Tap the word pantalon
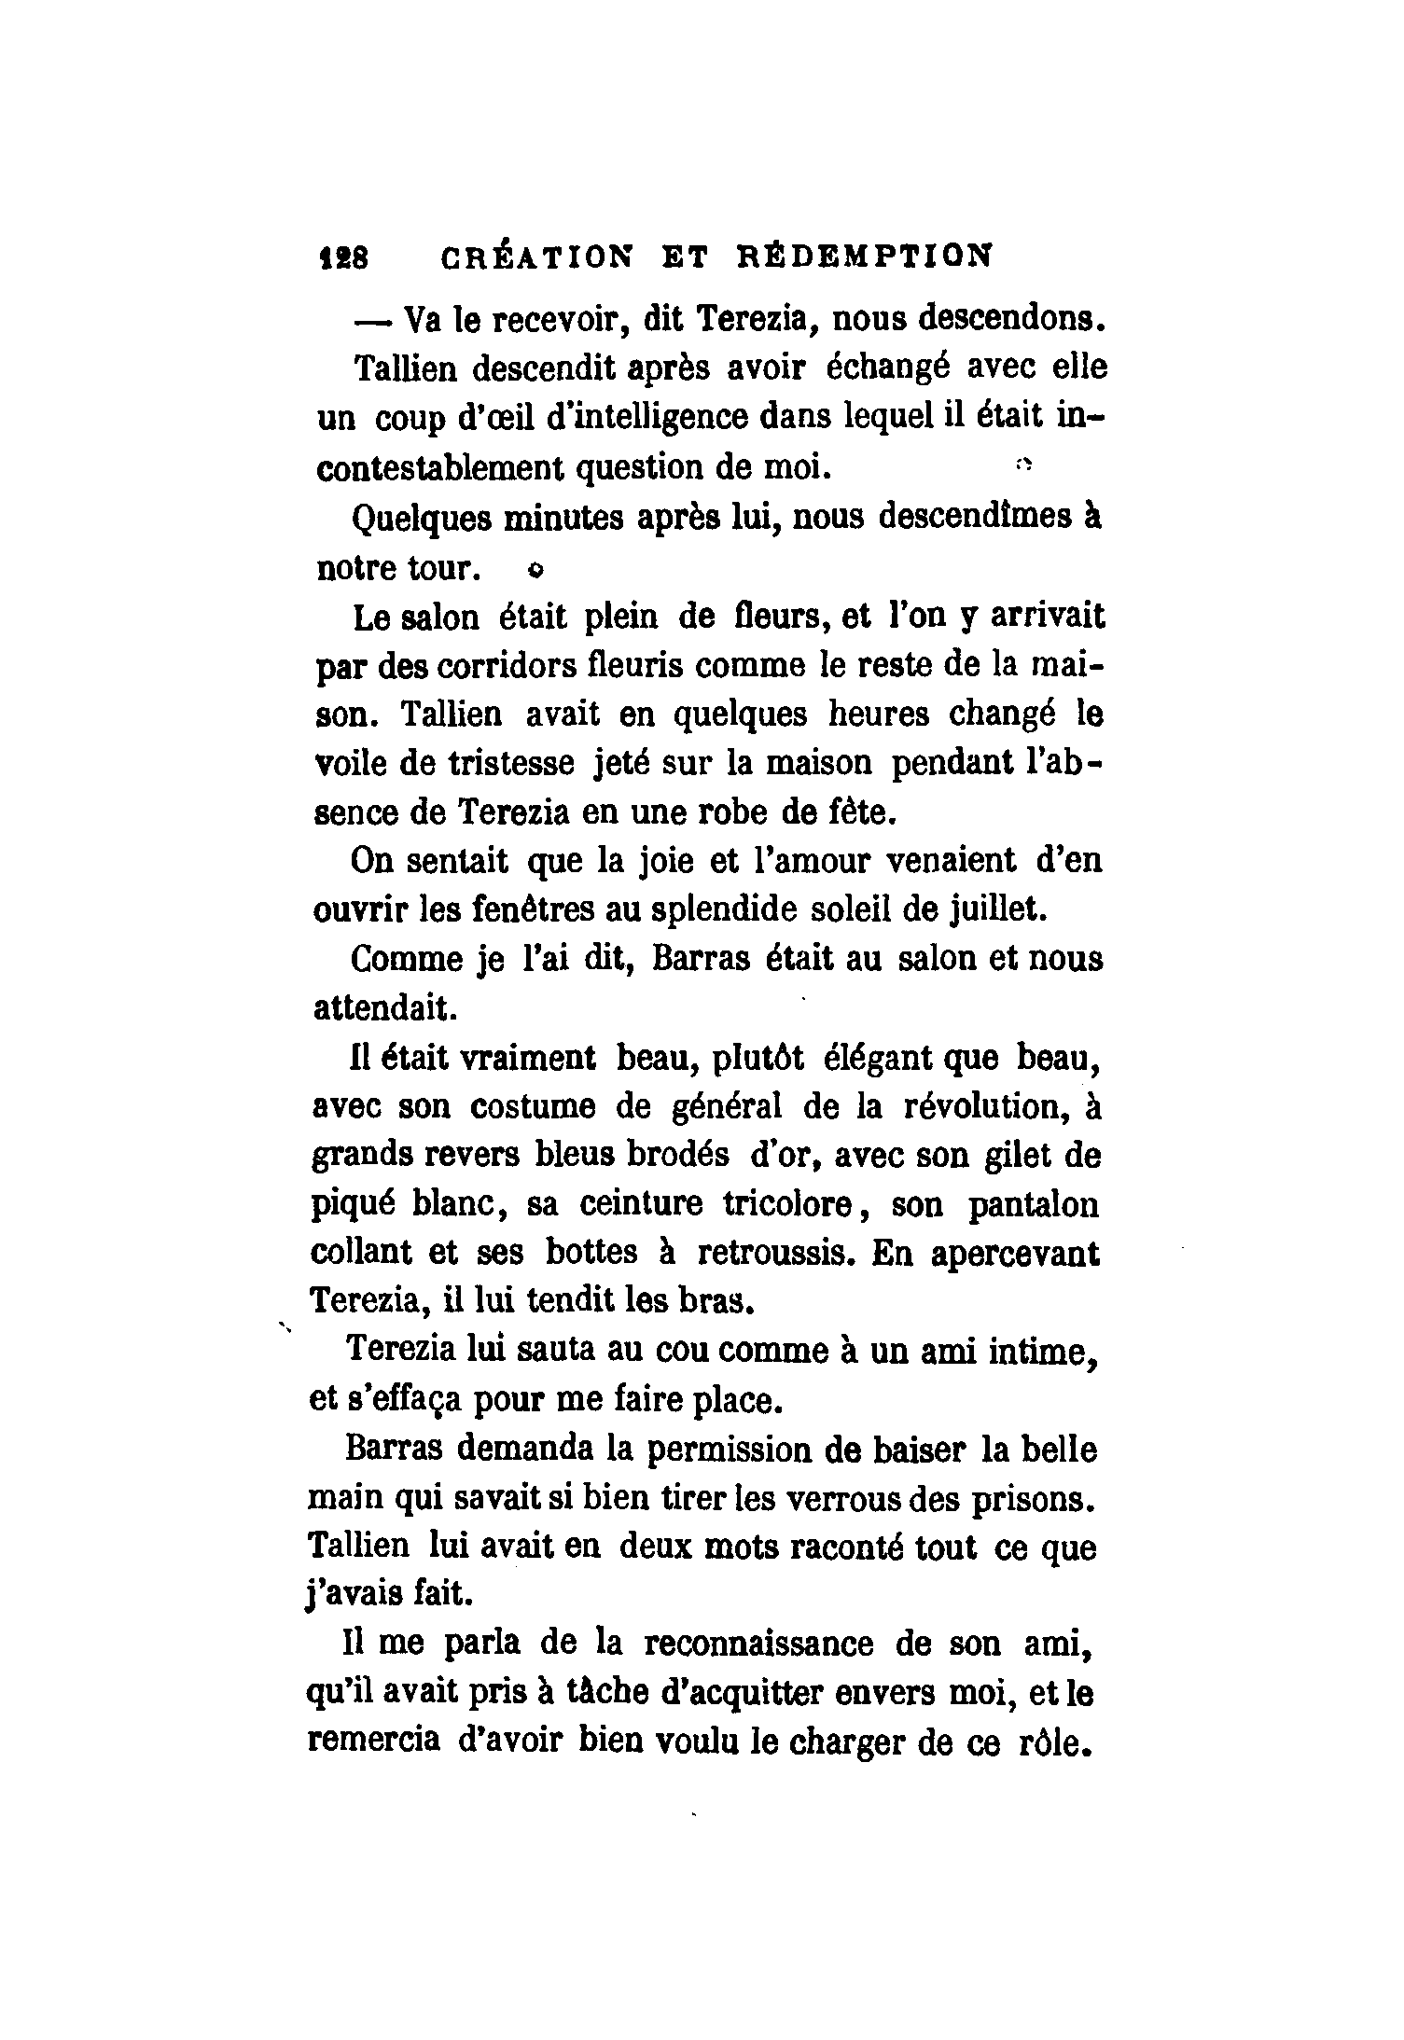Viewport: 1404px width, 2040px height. [x=1034, y=1206]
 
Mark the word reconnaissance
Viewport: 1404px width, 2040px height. [x=758, y=1644]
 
